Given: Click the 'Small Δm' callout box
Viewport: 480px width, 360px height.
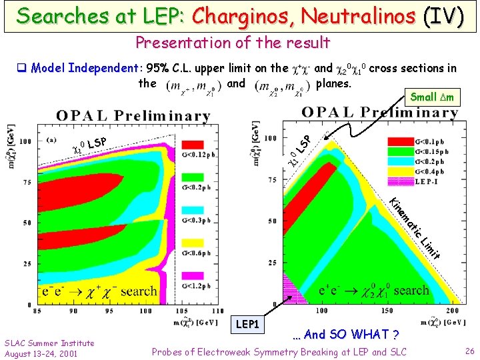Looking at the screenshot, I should pyautogui.click(x=432, y=97).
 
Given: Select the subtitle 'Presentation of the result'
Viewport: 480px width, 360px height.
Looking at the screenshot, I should pyautogui.click(x=233, y=43).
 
